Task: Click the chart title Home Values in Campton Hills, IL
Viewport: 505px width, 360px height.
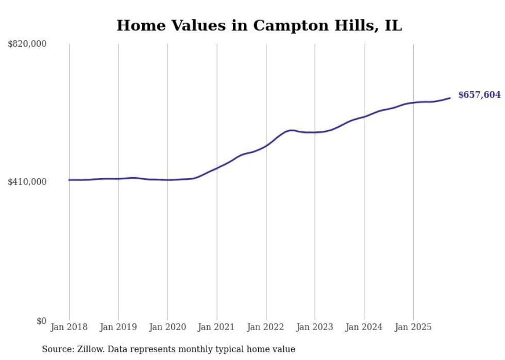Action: point(259,25)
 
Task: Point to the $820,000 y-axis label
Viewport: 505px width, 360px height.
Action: point(27,44)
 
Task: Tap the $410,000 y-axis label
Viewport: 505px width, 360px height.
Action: point(27,182)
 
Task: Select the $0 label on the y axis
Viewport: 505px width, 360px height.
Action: point(41,321)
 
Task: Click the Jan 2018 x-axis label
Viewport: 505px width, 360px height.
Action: point(69,327)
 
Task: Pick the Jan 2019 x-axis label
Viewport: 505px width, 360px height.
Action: point(119,327)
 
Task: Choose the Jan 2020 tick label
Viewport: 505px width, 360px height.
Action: point(167,327)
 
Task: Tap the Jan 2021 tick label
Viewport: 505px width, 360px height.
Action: point(216,327)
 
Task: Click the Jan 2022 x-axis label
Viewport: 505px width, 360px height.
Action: point(266,327)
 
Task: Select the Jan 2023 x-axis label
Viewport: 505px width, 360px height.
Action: point(315,327)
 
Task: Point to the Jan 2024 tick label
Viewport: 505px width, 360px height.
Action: point(364,327)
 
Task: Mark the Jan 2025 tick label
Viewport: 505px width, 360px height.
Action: point(413,327)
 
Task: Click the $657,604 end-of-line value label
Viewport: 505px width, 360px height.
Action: point(479,95)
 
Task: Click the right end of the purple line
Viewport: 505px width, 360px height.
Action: point(450,98)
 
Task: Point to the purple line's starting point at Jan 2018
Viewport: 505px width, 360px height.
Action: point(70,180)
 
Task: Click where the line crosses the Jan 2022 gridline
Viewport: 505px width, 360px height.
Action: point(266,146)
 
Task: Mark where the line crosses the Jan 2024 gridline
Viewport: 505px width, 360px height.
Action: point(364,117)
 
